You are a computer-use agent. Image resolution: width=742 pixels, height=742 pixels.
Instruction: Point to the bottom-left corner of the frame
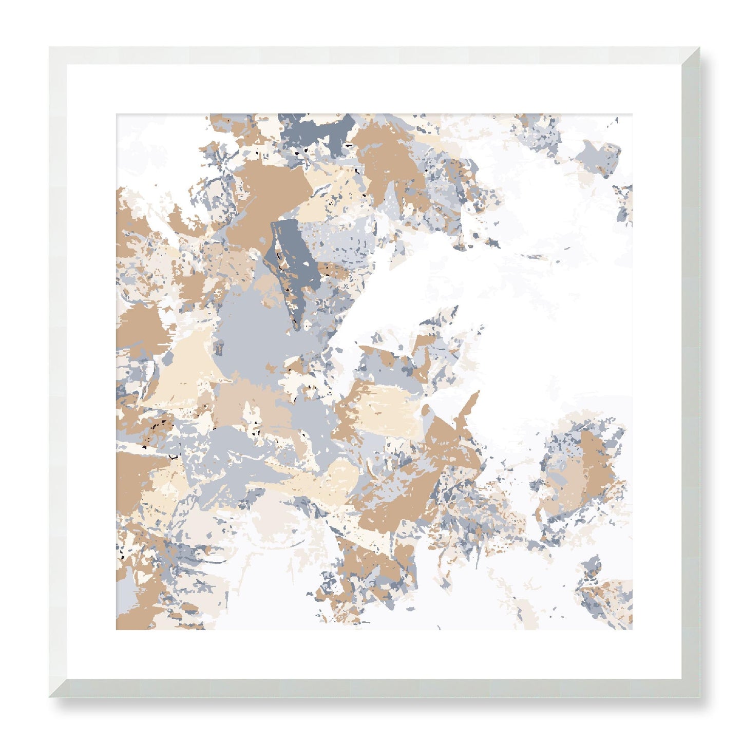(x=51, y=696)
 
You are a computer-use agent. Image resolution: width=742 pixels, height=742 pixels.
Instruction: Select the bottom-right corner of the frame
(x=698, y=696)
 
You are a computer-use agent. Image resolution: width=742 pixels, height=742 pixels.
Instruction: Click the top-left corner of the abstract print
(x=117, y=114)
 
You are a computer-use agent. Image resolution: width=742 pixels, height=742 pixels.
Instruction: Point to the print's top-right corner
(x=632, y=114)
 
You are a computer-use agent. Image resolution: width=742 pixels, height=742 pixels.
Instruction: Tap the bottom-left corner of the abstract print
(x=117, y=630)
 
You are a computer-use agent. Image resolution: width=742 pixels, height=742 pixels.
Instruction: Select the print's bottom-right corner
(x=632, y=630)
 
